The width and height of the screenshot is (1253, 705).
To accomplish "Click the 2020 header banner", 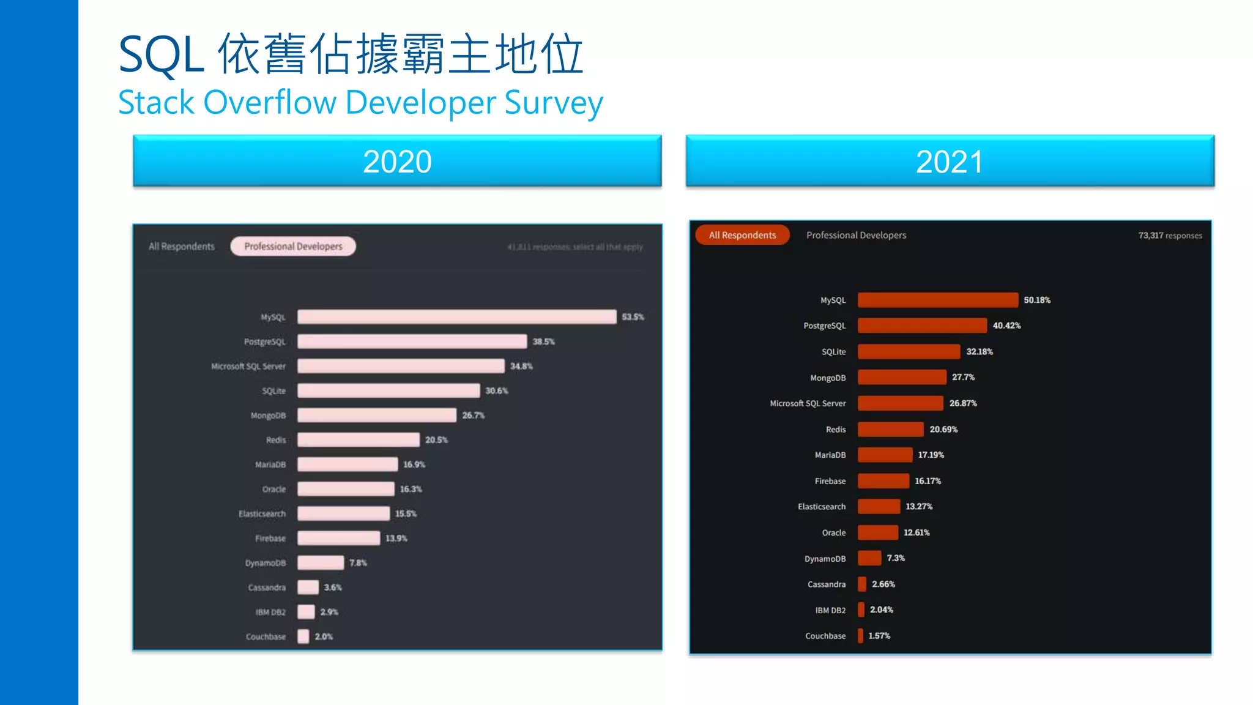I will (x=397, y=161).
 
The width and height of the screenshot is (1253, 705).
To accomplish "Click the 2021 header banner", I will (x=950, y=161).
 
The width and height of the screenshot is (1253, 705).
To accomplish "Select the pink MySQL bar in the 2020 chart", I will (x=456, y=316).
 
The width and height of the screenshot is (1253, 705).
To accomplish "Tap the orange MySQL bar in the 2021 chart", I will (x=937, y=300).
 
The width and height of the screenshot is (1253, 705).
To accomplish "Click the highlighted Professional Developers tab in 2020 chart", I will (x=293, y=246).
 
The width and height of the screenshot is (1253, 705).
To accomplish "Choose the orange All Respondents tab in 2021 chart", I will (x=742, y=235).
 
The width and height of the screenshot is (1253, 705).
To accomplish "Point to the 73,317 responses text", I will (x=1170, y=236).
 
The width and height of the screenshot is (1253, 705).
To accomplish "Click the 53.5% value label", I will (x=633, y=317).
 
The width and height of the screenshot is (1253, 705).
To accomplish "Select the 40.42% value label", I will (x=1006, y=326).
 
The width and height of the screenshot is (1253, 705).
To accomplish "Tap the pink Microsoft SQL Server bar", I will (x=401, y=366).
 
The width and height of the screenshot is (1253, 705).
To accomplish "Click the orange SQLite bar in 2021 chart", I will (x=909, y=351).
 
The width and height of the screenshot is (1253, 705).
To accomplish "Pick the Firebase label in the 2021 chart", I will (x=830, y=481).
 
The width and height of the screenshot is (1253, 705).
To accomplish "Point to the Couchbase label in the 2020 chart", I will (x=266, y=636).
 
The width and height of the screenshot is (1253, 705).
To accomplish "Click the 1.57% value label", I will (x=879, y=636).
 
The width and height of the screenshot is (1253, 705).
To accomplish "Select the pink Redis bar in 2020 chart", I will (x=359, y=439).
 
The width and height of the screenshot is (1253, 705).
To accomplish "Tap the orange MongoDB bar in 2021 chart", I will (x=902, y=377).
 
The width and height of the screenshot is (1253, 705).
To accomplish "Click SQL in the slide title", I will (x=161, y=55).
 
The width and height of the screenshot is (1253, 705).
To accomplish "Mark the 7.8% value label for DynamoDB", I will (x=358, y=562).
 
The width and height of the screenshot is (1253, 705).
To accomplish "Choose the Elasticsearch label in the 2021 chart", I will (x=821, y=507).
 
